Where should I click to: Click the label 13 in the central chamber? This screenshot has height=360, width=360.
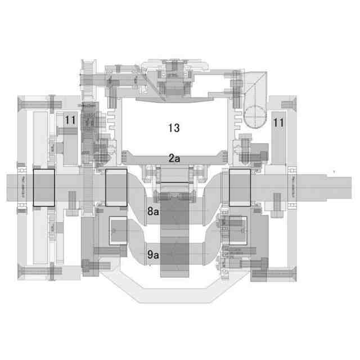[x=174, y=128]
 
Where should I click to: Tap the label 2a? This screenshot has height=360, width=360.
[x=174, y=159]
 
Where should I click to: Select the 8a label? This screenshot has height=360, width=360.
[x=153, y=211]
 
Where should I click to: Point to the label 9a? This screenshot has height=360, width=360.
[x=153, y=254]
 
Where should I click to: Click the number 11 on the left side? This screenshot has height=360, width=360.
[x=70, y=120]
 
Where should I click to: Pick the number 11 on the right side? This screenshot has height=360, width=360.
[x=278, y=121]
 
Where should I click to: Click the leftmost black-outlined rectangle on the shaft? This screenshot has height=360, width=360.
[x=44, y=187]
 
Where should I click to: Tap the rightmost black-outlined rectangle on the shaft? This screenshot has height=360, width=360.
[x=240, y=187]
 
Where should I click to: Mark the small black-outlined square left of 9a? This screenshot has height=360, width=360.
[x=118, y=231]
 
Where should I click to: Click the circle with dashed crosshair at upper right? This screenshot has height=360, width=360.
[x=256, y=115]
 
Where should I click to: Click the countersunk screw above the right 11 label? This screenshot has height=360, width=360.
[x=286, y=103]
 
